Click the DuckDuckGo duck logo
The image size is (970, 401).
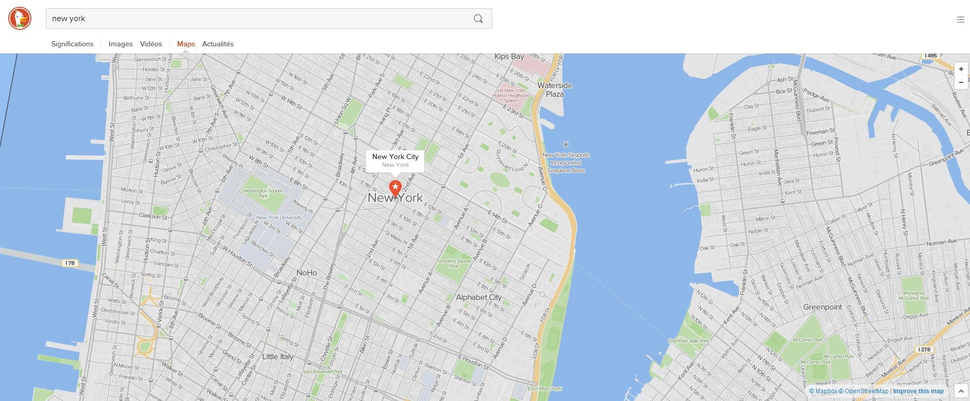(20, 19)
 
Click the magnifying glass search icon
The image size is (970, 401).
(478, 19)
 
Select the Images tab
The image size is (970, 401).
(120, 44)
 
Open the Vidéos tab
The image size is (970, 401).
(151, 44)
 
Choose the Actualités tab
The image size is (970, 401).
(218, 44)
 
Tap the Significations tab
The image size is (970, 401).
(72, 44)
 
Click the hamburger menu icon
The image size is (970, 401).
(960, 20)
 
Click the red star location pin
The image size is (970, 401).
(395, 188)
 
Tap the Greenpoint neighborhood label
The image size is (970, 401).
(822, 307)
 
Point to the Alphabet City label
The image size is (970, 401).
(478, 297)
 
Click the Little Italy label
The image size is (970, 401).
(278, 356)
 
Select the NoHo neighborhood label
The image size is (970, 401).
(306, 272)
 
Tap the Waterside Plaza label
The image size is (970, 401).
(555, 90)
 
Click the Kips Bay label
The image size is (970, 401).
(509, 57)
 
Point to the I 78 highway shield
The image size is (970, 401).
(70, 263)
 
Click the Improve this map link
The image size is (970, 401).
(918, 391)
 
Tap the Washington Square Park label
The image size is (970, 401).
(263, 193)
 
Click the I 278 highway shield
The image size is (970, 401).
(925, 350)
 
